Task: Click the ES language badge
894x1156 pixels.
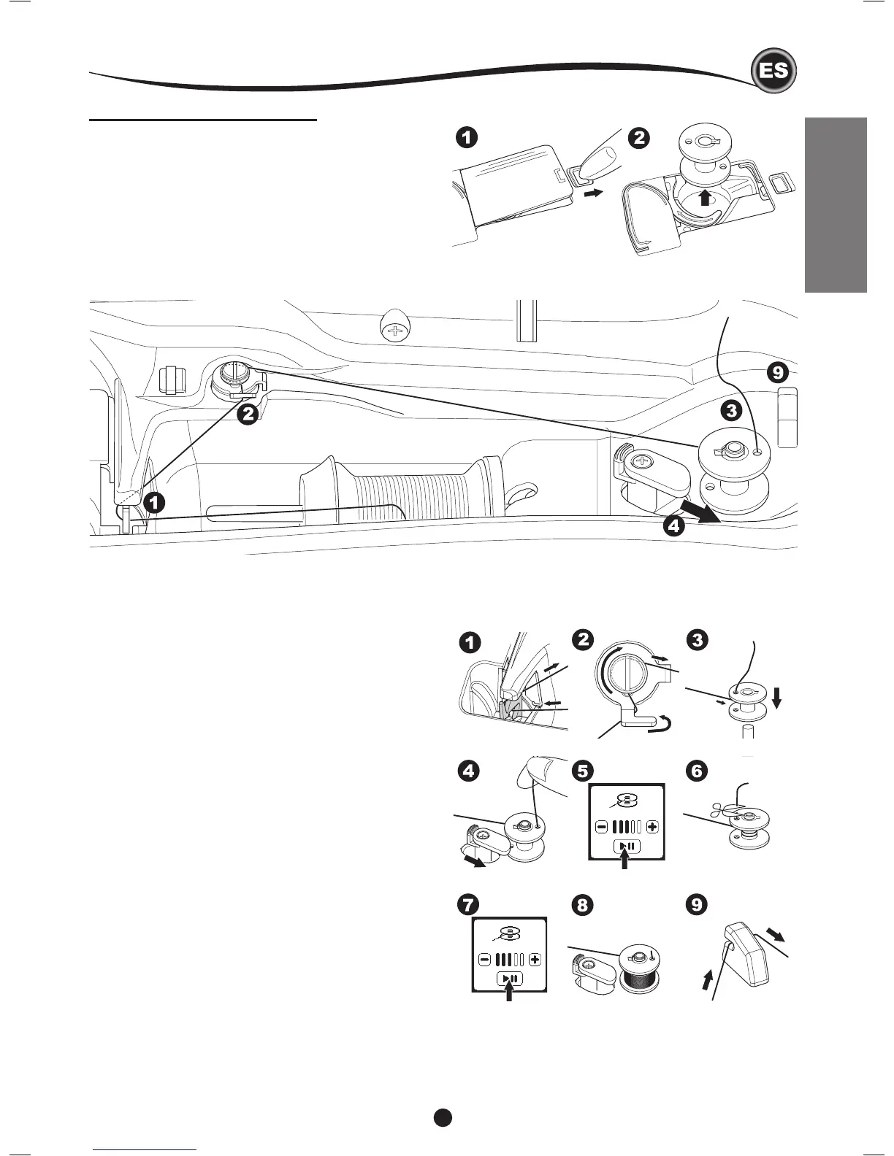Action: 773,72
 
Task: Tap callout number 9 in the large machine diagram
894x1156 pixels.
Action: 777,374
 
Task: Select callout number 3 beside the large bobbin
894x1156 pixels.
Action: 731,410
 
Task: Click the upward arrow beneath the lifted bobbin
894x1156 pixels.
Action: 703,198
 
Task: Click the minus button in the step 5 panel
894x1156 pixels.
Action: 601,827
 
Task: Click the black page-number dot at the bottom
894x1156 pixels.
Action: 442,1117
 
